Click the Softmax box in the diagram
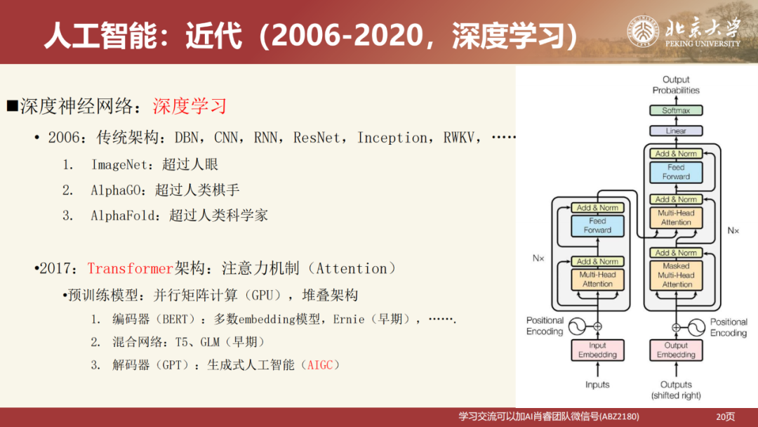coord(676,110)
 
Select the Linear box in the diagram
coord(676,131)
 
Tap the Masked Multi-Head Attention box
coord(676,275)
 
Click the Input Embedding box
coord(597,350)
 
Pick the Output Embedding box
coord(676,350)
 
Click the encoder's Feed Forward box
coord(597,225)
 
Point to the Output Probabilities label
coord(676,85)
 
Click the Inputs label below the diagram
coord(597,384)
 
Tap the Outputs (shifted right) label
coord(676,390)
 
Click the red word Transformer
coord(130,268)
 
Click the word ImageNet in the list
coord(120,164)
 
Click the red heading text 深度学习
coord(190,107)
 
